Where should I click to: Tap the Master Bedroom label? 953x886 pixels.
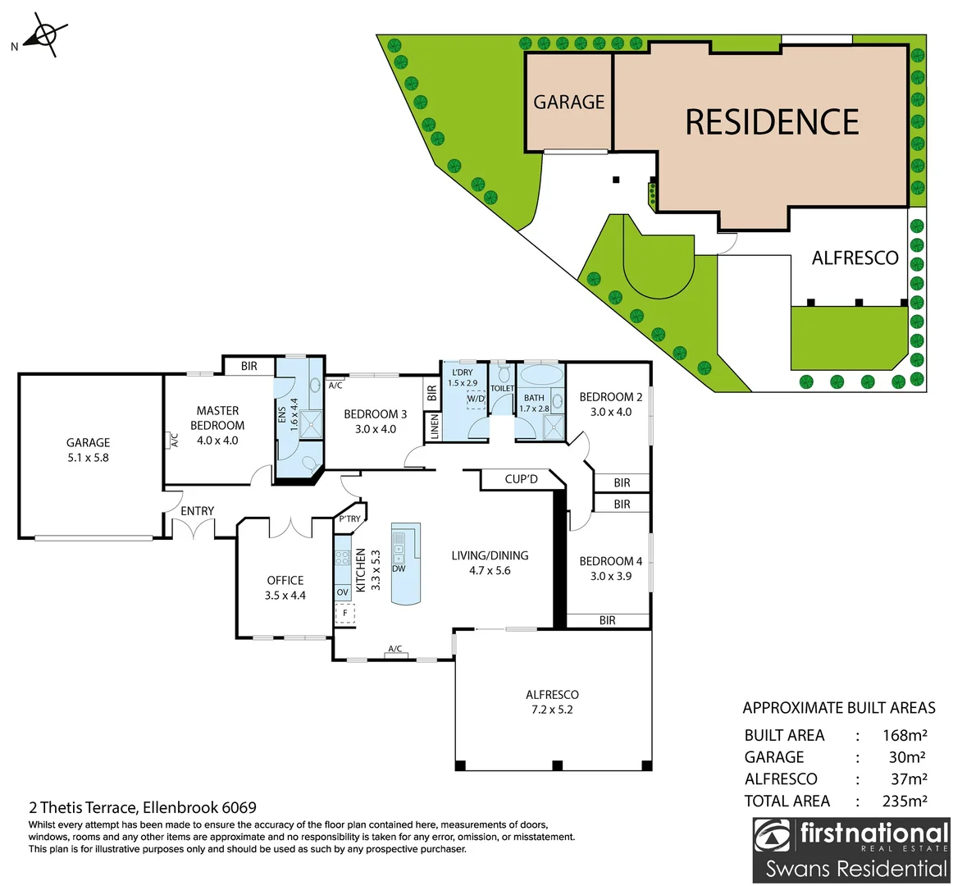(x=217, y=418)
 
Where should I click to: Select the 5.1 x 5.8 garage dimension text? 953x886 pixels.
(x=88, y=458)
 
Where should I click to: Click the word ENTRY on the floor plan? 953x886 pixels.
(x=197, y=511)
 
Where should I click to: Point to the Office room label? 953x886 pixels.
(x=285, y=580)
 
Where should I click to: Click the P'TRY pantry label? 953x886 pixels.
(x=349, y=518)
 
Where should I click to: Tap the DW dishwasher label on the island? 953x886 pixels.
(x=399, y=569)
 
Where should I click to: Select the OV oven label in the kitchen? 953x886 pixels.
(x=343, y=591)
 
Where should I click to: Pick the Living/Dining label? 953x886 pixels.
(x=490, y=555)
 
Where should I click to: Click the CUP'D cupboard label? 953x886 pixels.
(x=521, y=478)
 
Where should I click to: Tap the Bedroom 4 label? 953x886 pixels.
(x=611, y=561)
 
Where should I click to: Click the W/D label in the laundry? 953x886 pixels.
(x=476, y=400)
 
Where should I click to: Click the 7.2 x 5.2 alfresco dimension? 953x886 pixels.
(x=552, y=710)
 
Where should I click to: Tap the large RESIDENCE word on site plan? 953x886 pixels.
(x=772, y=122)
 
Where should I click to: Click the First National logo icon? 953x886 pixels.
(x=774, y=838)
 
